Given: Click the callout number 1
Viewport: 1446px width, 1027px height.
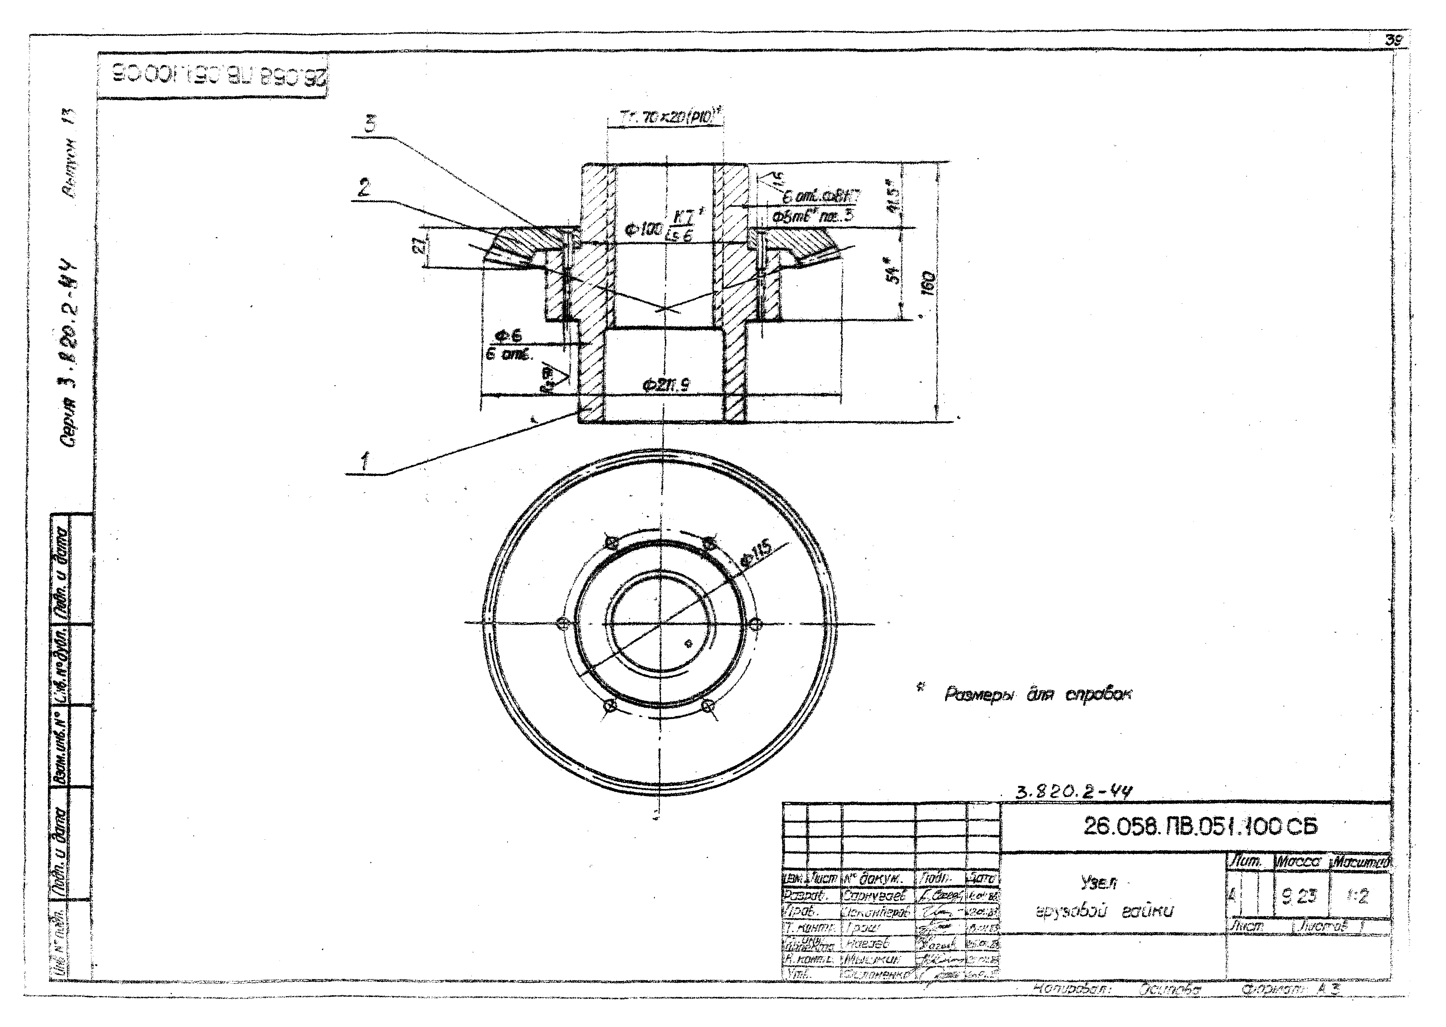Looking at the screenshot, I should [x=365, y=462].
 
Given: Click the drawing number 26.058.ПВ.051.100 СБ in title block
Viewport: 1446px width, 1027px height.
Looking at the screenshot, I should [x=1200, y=827].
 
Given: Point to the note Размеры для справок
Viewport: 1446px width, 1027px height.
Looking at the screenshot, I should [x=1038, y=694].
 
